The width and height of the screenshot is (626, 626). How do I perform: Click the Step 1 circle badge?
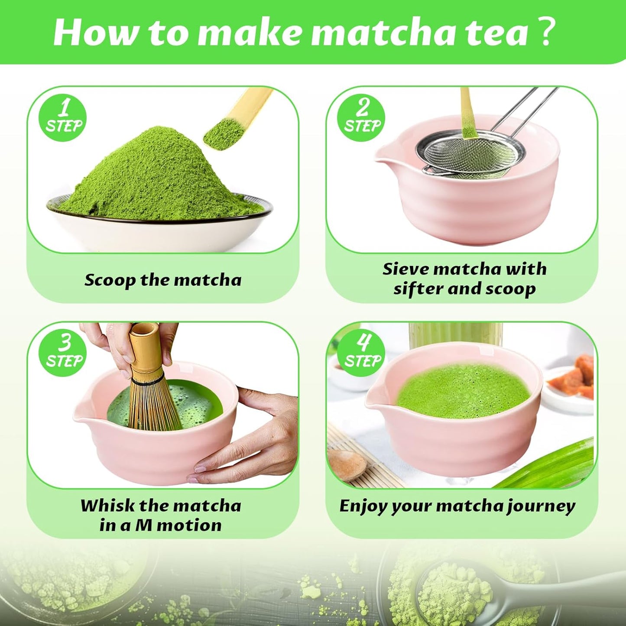point(63,118)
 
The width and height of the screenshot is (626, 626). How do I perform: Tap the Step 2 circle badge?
point(361,118)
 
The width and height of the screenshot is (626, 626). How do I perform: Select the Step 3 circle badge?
point(63,353)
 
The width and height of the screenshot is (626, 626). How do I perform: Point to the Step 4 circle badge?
point(361,353)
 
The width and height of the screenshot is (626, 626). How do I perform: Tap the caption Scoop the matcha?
point(163,280)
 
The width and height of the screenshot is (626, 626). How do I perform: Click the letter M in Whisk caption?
point(143,525)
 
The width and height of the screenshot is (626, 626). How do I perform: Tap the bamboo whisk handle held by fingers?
point(144,347)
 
